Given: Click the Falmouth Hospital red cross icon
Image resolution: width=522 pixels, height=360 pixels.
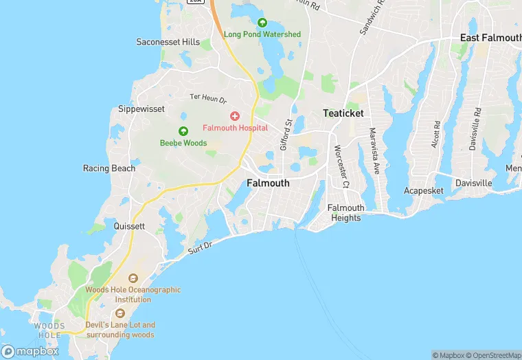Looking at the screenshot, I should (235, 116).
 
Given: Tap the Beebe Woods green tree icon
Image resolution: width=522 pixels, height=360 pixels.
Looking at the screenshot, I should (183, 131).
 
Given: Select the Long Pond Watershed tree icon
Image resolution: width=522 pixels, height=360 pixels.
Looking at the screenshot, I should (262, 23).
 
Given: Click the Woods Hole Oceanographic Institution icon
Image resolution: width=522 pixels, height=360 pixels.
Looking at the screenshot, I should (133, 278).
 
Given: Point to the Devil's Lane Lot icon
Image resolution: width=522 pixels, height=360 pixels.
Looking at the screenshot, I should (120, 313).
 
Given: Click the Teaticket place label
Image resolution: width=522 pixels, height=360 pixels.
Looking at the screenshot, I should (343, 113).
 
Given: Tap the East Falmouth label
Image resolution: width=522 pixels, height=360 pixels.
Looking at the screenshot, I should (490, 38).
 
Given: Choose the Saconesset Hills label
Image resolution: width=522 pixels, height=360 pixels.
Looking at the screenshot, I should (168, 42).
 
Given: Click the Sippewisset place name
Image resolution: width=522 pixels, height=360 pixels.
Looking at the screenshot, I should (143, 109).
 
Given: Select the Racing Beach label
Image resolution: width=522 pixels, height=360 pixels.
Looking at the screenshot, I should (109, 168).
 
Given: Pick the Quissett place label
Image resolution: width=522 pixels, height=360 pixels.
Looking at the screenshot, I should (129, 226).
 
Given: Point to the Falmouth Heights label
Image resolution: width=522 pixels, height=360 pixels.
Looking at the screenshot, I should (345, 213).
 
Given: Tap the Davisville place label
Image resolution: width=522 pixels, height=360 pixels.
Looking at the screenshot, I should (473, 183).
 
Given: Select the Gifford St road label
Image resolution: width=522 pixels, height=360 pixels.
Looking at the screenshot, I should (286, 134).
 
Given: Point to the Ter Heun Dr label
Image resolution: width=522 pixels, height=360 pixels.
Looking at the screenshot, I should (207, 98).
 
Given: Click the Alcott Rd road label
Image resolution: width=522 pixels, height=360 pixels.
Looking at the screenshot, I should (436, 135).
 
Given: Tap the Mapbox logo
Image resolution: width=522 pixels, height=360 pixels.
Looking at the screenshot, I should (30, 351).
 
